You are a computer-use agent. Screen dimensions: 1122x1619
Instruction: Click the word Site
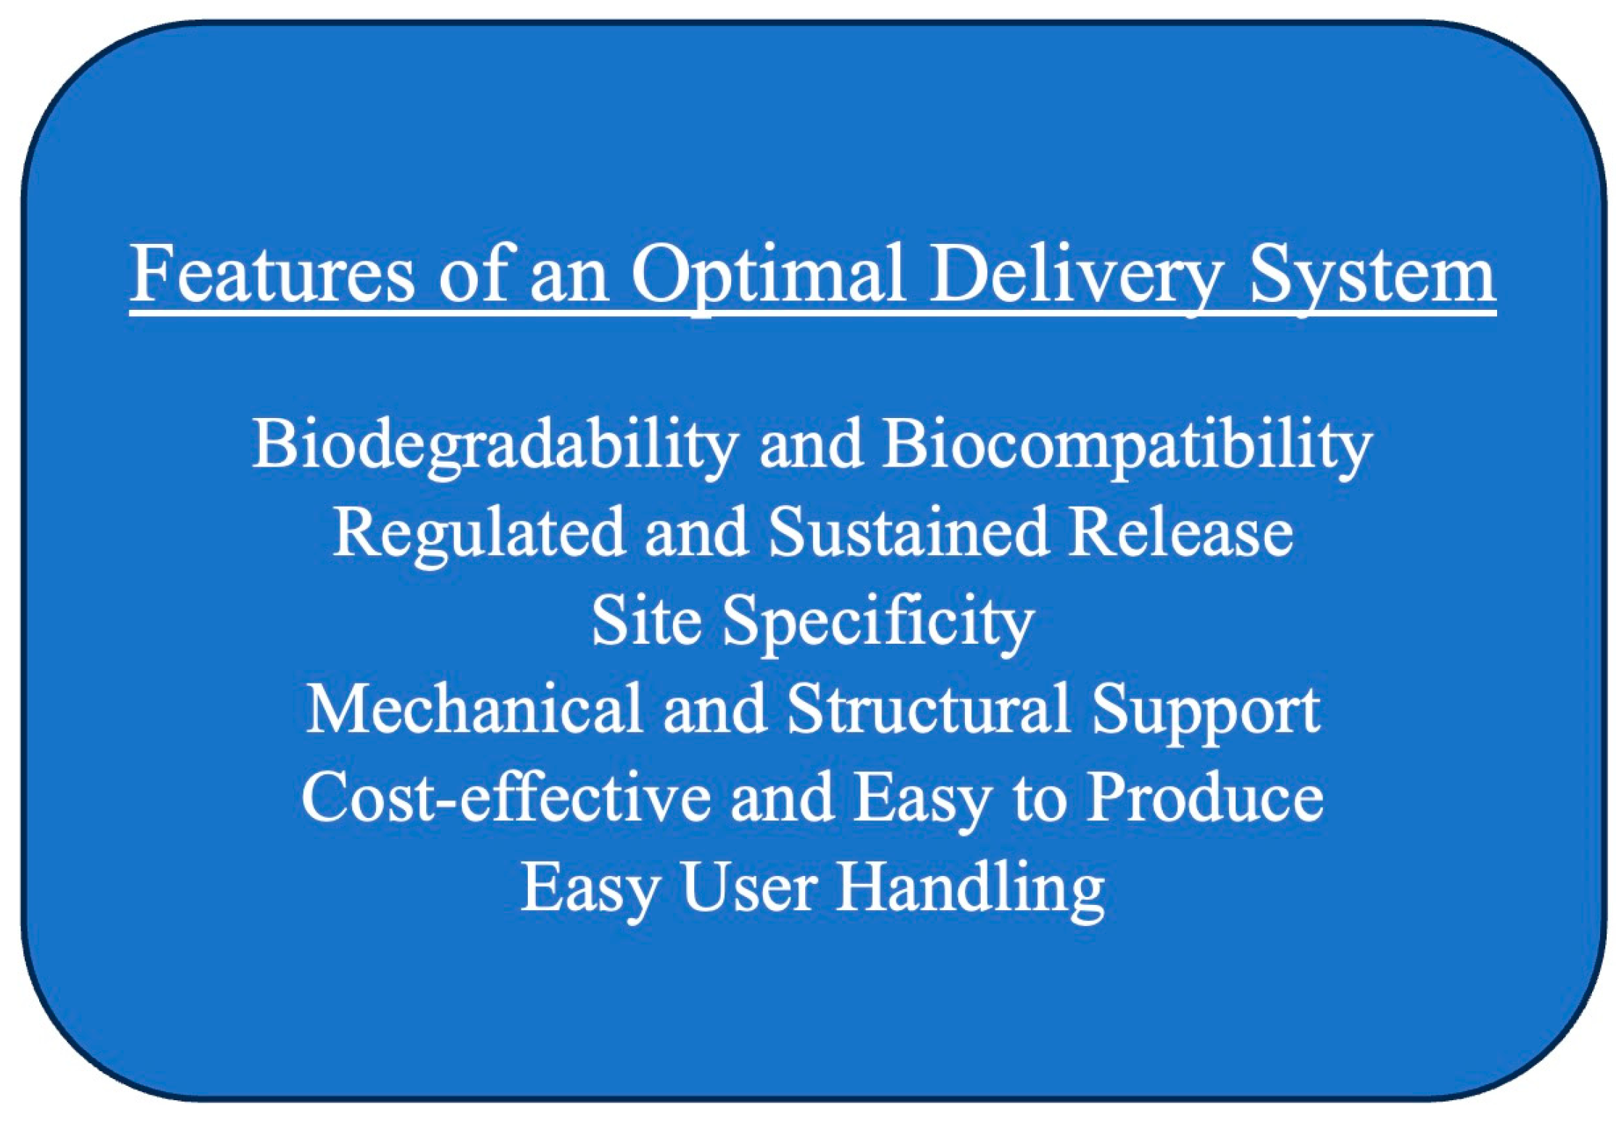646,621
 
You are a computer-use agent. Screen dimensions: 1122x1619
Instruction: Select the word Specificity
878,622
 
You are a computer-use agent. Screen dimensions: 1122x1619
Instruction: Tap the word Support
1205,711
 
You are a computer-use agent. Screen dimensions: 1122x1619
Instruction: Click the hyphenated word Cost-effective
505,797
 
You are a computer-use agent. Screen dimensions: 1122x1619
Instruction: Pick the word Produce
1205,797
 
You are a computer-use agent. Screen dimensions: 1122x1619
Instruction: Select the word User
749,886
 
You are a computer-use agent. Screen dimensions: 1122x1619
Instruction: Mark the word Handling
970,888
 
